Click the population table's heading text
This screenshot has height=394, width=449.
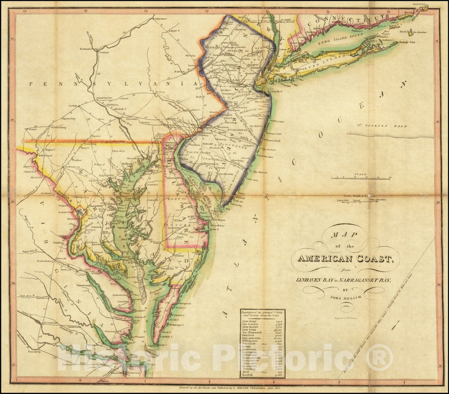click(262, 315)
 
